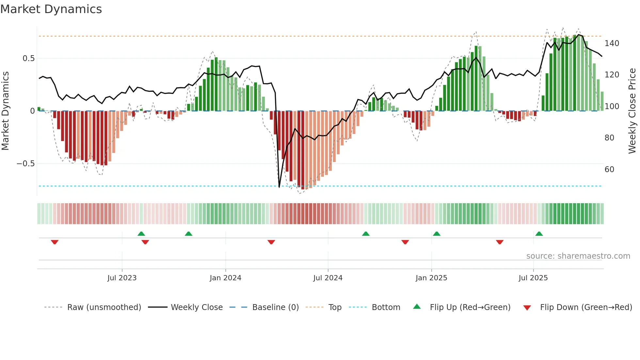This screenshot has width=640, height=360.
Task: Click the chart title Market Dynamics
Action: pyautogui.click(x=51, y=9)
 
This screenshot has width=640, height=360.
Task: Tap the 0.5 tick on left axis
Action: pyautogui.click(x=28, y=58)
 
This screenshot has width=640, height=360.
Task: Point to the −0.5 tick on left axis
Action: pyautogui.click(x=26, y=164)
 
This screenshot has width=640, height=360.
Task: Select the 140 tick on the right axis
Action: pyautogui.click(x=612, y=43)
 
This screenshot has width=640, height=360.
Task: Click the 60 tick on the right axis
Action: pyautogui.click(x=609, y=170)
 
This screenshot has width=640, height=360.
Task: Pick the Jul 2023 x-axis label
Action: pyautogui.click(x=122, y=278)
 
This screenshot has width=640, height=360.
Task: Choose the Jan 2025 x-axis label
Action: pyautogui.click(x=431, y=278)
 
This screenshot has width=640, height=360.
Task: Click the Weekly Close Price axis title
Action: pyautogui.click(x=632, y=111)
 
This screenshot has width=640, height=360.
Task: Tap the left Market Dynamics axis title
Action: pyautogui.click(x=5, y=111)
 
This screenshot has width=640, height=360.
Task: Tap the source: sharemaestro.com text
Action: pyautogui.click(x=578, y=256)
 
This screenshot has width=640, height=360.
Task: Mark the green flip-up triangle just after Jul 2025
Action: pyautogui.click(x=539, y=234)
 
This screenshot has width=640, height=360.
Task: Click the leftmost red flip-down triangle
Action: pyautogui.click(x=55, y=242)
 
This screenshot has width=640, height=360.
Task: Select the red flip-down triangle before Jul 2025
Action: pyautogui.click(x=500, y=242)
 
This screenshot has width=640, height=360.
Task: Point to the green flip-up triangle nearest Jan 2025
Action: pyautogui.click(x=437, y=234)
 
